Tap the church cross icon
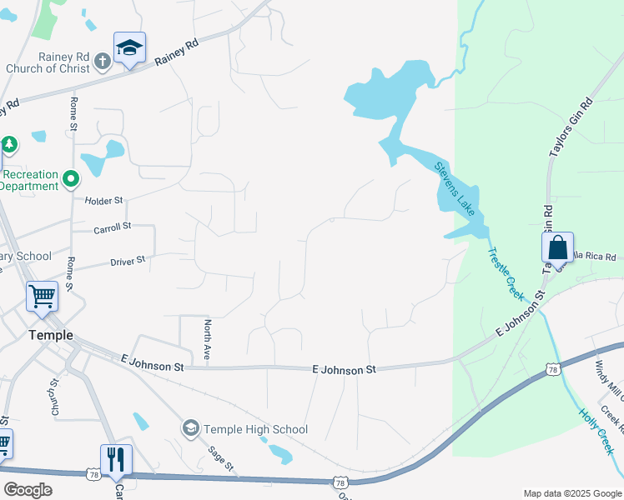coord(103,60)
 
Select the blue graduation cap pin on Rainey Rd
coord(129,49)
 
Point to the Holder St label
coord(103,201)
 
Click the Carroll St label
coord(113,227)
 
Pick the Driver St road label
coord(128,261)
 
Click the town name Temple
coord(51,335)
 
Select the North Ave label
coord(207,339)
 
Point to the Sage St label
coord(221,459)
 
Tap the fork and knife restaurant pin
coord(116,459)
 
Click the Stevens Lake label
coord(455,188)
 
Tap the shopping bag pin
coord(557,248)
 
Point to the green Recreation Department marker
coord(72,177)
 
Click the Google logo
coord(28,490)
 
